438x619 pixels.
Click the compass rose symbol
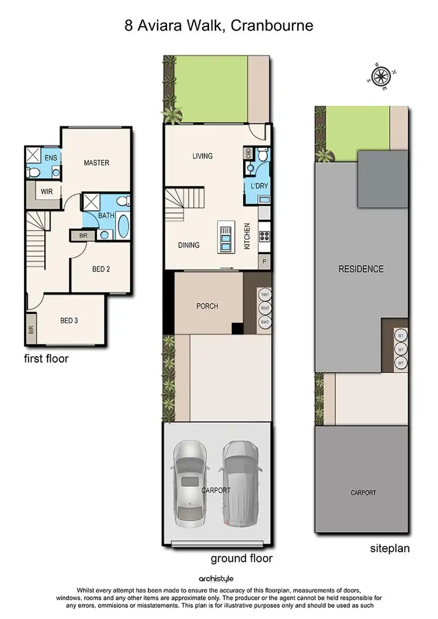coord(381,75)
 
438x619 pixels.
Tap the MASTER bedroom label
coord(96,163)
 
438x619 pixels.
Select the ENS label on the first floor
coord(50,158)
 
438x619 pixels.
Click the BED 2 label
coord(101,269)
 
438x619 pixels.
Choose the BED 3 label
coord(69,321)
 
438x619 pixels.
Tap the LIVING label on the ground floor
coord(203,156)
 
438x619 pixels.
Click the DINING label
coord(189,245)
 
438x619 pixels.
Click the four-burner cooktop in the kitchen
coord(264,237)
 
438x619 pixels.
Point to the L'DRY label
coord(258,186)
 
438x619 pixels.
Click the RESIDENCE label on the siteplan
coord(361,269)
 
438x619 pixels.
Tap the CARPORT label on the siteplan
coord(363,493)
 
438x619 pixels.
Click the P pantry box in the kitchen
coord(265,262)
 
